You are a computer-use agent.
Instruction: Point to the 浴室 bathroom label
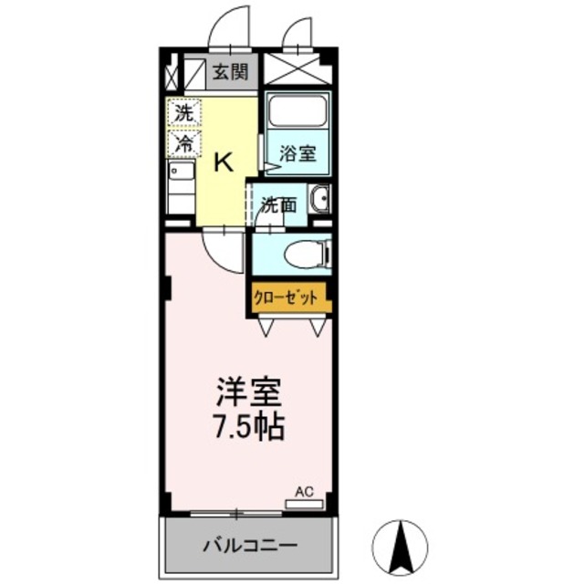click(x=298, y=152)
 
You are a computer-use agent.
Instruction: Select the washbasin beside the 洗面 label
click(x=318, y=200)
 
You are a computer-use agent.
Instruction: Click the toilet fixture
click(x=302, y=255)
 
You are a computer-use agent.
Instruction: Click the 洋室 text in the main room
click(x=249, y=394)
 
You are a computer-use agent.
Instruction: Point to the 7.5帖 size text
click(x=249, y=426)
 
